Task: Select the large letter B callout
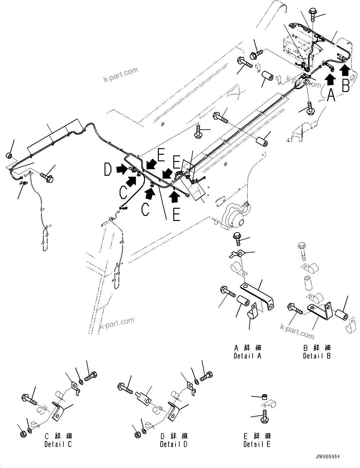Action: pyautogui.click(x=345, y=85)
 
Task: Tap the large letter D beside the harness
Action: pyautogui.click(x=108, y=170)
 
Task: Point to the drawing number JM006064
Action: pyautogui.click(x=328, y=457)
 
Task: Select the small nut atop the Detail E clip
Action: pyautogui.click(x=265, y=397)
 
